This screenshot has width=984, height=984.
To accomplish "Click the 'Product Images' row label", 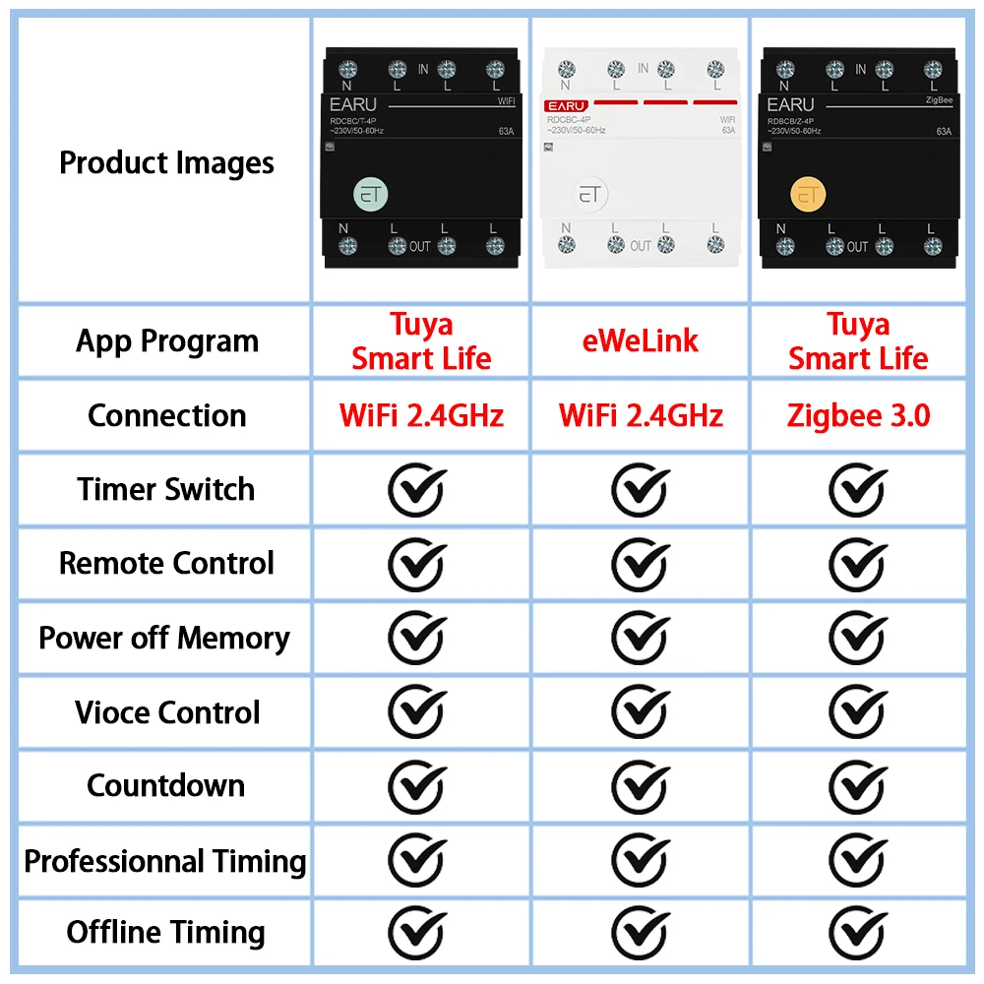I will coord(166,162).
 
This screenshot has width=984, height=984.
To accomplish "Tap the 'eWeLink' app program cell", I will coord(641,340).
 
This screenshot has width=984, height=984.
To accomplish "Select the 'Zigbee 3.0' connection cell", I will coord(858,415).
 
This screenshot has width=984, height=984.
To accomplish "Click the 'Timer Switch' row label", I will coord(166,489).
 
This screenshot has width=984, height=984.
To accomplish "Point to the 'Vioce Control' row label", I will coord(167,711).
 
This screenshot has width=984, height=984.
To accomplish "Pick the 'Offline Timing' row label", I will coord(166,932).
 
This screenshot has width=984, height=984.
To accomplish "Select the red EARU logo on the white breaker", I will coord(566,105).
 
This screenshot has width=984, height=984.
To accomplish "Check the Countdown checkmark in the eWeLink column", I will coord(641,786).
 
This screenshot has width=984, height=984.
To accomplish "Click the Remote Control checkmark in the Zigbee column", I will coord(858,564).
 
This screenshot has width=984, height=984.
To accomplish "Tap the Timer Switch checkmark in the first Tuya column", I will coord(417,490).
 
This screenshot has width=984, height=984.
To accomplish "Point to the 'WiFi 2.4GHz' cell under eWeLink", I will coord(641,415).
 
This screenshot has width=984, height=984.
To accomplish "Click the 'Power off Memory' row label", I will coord(164,638).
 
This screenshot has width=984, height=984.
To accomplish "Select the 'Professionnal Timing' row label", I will coord(165,861).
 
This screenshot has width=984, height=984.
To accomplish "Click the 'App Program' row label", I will coord(167,341).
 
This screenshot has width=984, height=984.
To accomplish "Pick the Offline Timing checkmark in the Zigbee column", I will coord(858,933).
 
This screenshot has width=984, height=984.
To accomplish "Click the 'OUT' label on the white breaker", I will coord(641,245).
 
